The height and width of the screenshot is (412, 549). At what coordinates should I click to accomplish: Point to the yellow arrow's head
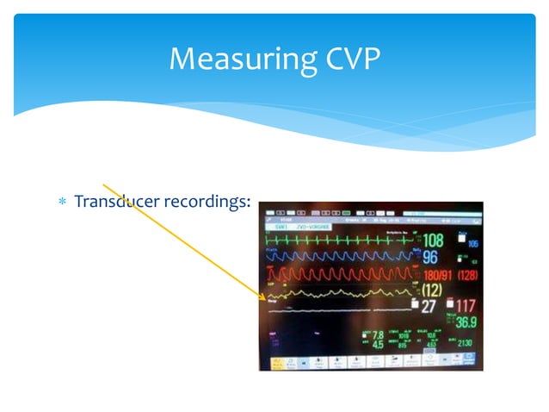coord(263,299)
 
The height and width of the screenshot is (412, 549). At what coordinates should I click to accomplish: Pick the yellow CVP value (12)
coord(433,290)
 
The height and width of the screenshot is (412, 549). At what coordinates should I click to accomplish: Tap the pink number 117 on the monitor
coord(466,305)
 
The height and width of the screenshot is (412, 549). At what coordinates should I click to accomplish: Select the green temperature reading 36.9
coord(466,321)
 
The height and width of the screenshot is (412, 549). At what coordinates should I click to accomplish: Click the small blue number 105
coord(472,244)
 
